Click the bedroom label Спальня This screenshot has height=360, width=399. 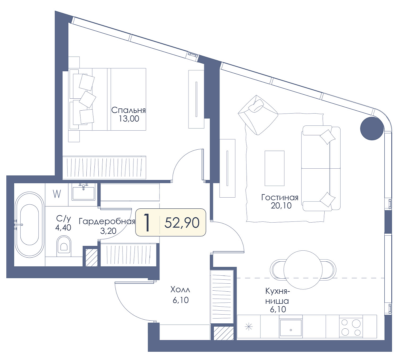(128, 110)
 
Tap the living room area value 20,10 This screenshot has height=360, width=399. (281, 205)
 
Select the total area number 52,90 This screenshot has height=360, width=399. (182, 223)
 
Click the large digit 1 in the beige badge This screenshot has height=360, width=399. (146, 223)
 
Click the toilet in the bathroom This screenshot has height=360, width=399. (64, 245)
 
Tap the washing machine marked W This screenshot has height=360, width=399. (57, 194)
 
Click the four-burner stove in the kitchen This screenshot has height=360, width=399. (351, 327)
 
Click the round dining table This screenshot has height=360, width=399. (303, 270)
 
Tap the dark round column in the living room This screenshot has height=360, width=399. (372, 128)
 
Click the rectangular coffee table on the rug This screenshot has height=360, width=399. (274, 168)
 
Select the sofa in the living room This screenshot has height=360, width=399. (321, 168)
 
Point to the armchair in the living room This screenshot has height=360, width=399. (258, 115)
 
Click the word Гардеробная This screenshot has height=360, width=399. (107, 222)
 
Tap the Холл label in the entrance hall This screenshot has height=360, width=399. (180, 290)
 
